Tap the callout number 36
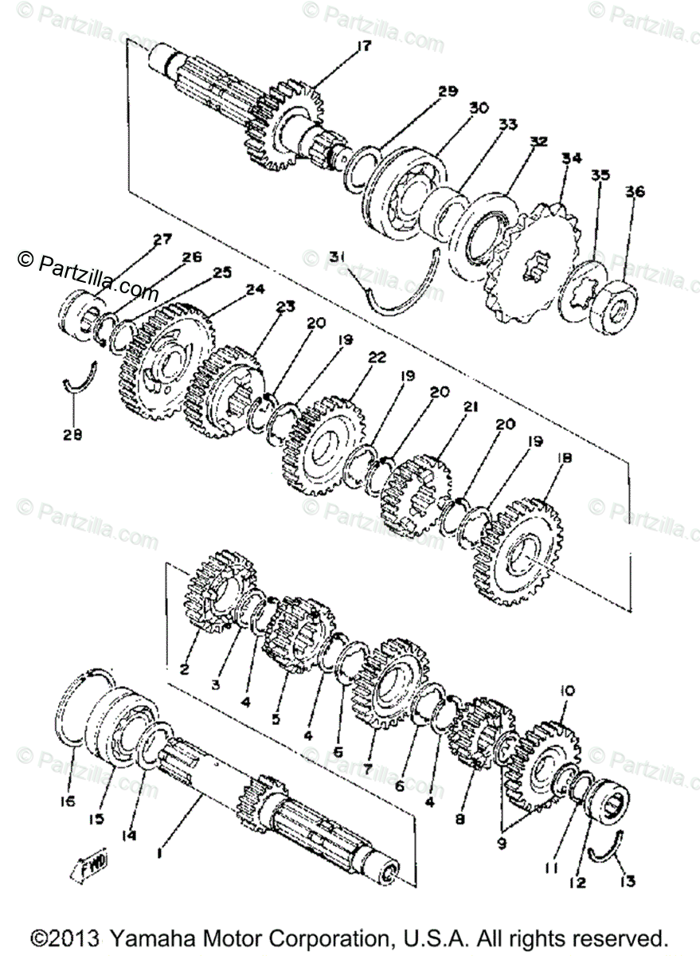pos(635,192)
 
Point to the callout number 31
pos(337,257)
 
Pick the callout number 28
pos(73,435)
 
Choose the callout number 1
pos(162,852)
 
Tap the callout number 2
pos(184,669)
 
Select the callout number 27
pos(162,239)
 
